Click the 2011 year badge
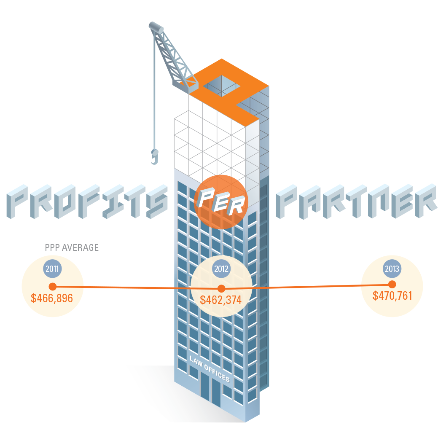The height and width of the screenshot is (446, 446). (x=52, y=269)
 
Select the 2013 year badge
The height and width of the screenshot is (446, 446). (x=392, y=268)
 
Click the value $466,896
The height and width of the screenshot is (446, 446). (x=52, y=298)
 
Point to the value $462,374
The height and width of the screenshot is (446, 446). (x=221, y=300)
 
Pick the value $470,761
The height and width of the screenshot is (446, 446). (x=392, y=296)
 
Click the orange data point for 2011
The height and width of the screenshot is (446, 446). (x=53, y=287)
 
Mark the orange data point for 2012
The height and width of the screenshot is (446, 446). (x=221, y=289)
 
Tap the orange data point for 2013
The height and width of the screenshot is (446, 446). (x=392, y=284)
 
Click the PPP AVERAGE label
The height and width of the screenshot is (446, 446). (x=72, y=248)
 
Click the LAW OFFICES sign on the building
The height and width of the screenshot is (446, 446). (x=210, y=369)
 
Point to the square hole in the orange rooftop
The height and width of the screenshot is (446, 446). (x=222, y=88)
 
